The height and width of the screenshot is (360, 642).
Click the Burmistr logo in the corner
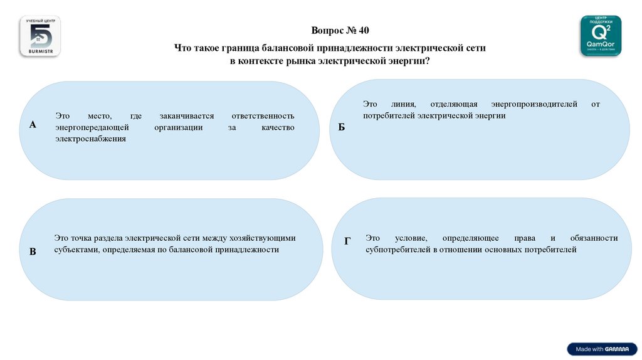(x=40, y=37)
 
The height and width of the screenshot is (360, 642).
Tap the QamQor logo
(x=601, y=36)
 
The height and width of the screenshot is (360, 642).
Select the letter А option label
(x=33, y=125)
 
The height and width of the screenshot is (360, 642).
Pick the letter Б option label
(x=342, y=127)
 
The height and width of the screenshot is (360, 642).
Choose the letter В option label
(x=33, y=251)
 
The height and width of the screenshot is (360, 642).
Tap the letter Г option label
(x=347, y=241)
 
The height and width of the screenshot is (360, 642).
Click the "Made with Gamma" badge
(x=601, y=349)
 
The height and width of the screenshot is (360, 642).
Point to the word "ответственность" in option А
(x=263, y=116)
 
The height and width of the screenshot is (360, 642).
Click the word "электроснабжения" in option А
(x=90, y=139)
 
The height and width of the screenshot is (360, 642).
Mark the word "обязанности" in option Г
(x=594, y=238)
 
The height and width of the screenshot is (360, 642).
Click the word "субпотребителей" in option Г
(x=398, y=250)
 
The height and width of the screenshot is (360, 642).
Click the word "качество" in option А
(x=278, y=127)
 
